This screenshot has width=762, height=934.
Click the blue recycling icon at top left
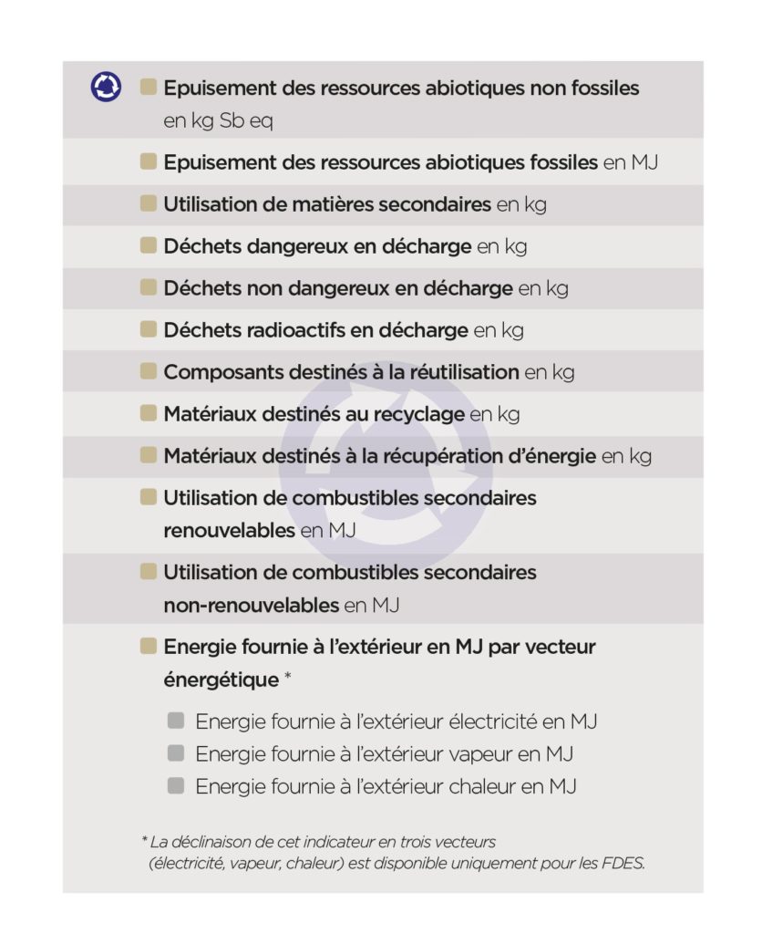coord(106,88)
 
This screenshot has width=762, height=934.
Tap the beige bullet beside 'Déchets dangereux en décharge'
coord(148,245)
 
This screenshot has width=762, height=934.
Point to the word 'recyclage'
coord(421,414)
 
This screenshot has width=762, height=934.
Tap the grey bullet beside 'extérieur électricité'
coord(176,721)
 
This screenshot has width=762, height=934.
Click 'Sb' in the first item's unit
coord(232,120)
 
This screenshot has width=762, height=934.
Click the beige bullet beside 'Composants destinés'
coord(148,371)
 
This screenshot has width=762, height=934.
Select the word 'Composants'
coord(216,372)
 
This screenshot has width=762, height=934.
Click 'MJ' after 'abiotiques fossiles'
coord(644,163)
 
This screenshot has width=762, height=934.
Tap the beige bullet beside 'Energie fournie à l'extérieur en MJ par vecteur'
coord(148,647)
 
